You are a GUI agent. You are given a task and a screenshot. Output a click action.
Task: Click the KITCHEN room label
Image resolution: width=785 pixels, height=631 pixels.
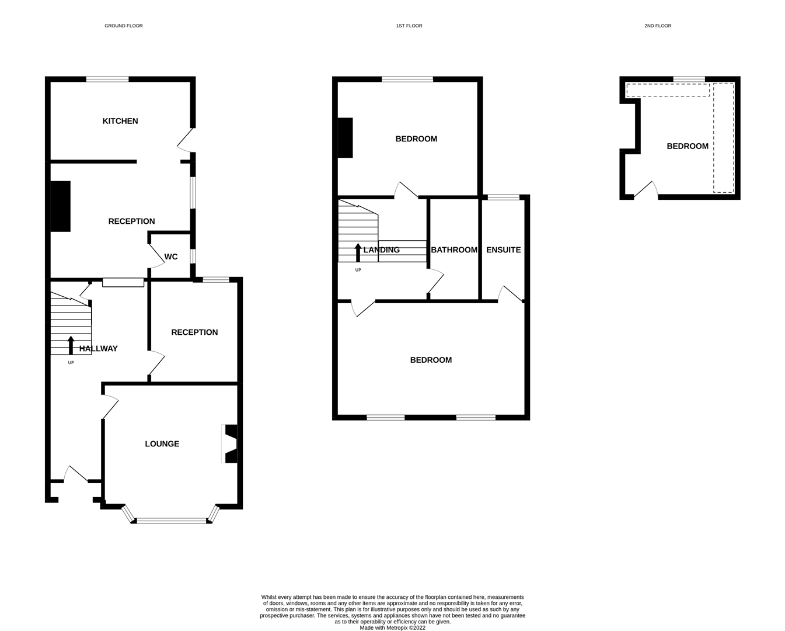pyautogui.click(x=120, y=122)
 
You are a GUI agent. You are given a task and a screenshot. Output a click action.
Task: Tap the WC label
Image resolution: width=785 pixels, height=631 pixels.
pyautogui.click(x=170, y=256)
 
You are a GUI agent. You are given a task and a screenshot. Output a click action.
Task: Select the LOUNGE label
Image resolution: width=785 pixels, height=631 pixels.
pyautogui.click(x=162, y=444)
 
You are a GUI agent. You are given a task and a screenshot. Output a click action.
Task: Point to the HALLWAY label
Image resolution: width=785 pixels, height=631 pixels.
pyautogui.click(x=99, y=349)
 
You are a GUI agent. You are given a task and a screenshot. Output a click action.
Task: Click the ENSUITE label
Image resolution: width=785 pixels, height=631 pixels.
pyautogui.click(x=503, y=250)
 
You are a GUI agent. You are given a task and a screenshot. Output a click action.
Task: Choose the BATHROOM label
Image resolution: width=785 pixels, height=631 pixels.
pyautogui.click(x=454, y=250)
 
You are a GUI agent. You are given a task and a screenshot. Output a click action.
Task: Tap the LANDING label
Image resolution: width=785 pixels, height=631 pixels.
pyautogui.click(x=382, y=250)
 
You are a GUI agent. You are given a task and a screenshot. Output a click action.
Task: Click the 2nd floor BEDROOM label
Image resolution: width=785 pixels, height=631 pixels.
pyautogui.click(x=688, y=146)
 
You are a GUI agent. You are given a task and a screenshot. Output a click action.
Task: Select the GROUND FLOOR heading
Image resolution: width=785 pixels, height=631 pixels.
pyautogui.click(x=124, y=26)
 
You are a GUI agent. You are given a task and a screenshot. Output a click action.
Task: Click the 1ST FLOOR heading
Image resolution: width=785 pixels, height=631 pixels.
pyautogui.click(x=409, y=26)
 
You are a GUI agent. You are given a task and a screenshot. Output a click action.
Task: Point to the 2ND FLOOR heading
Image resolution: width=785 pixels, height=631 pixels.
pyautogui.click(x=658, y=26)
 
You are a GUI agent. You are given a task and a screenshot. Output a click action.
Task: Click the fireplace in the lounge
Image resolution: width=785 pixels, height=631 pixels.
pyautogui.click(x=229, y=443)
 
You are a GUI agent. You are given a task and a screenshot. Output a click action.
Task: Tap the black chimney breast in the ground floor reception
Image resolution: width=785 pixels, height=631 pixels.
pyautogui.click(x=60, y=206)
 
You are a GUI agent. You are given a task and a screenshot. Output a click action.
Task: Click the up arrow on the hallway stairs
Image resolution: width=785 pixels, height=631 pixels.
pyautogui.click(x=71, y=345)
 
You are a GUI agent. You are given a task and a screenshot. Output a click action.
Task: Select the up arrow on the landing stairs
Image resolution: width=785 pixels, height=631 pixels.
pyautogui.click(x=358, y=252)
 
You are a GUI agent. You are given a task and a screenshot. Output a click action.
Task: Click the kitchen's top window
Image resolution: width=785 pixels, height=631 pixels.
pyautogui.click(x=107, y=79)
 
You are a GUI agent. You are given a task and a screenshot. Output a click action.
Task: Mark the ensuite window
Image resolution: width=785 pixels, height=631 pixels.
pyautogui.click(x=503, y=197)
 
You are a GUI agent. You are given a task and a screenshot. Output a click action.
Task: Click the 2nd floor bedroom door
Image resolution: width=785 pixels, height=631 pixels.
pyautogui.click(x=646, y=190)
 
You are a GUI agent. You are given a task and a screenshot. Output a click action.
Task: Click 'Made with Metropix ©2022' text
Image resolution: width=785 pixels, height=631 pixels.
pyautogui.click(x=392, y=627)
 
